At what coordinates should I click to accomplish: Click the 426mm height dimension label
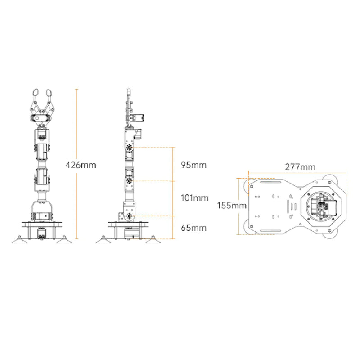coord(81,165)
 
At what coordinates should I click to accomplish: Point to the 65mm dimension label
coord(193,228)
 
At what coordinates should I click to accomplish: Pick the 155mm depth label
coord(232,206)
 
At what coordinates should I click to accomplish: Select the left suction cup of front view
coord(19,242)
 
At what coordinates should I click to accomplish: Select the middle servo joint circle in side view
coord(130,181)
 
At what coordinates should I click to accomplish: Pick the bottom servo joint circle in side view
coord(130,216)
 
